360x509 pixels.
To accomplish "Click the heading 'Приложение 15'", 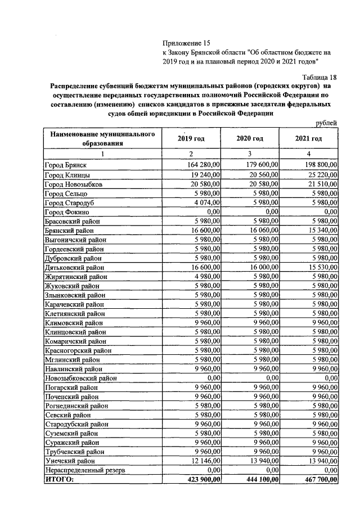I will [186, 43].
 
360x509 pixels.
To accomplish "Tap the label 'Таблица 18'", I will [317, 77].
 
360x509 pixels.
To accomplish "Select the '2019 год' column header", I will [191, 139].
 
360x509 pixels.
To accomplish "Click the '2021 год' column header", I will [308, 139].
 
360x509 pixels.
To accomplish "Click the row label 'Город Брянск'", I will [65, 165].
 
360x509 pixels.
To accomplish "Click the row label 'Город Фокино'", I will [66, 211].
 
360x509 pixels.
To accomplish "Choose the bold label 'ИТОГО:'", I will [59, 479].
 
